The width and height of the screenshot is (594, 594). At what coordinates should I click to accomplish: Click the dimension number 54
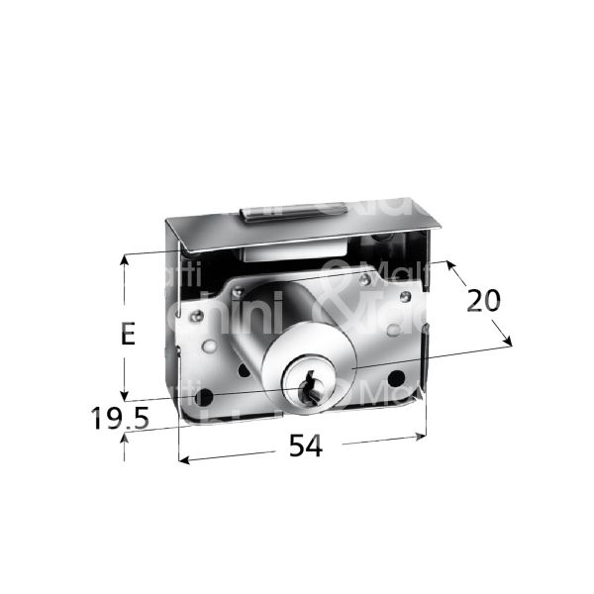(x=306, y=447)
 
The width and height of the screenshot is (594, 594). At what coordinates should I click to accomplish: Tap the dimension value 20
(x=484, y=300)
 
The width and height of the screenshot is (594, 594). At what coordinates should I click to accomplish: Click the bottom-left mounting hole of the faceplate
(x=206, y=397)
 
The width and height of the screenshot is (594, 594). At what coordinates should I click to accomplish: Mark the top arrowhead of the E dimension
(x=124, y=260)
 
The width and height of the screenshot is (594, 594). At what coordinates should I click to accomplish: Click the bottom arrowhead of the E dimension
(x=124, y=391)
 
